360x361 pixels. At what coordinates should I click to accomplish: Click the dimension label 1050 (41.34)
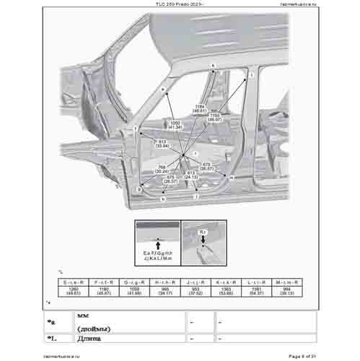point(164,124)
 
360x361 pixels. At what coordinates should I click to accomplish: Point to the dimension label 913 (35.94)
point(162,144)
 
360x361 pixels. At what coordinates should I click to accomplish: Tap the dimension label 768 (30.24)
point(162,170)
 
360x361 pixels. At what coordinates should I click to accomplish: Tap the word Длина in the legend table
point(90,337)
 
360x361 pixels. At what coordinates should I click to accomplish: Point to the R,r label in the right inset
point(203,232)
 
